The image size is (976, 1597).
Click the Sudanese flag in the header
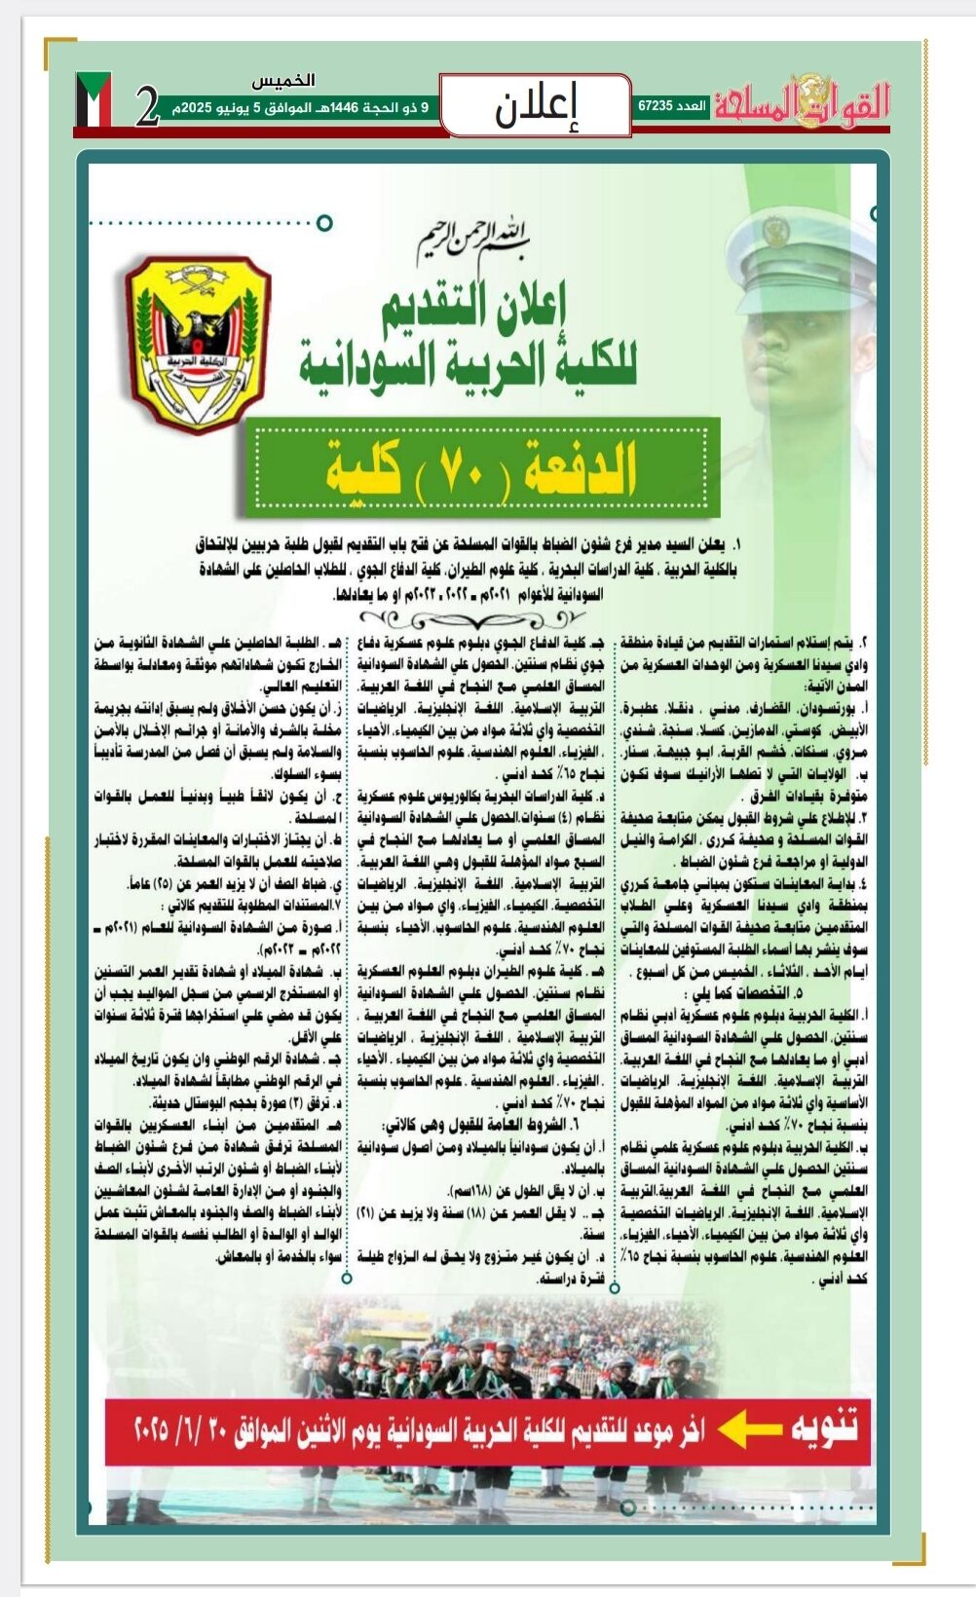point(94,100)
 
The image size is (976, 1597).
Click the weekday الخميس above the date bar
point(282,81)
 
